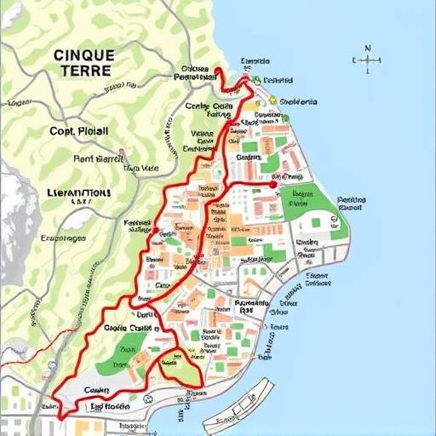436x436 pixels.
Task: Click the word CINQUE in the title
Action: point(81,54)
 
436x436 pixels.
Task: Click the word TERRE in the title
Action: point(82,71)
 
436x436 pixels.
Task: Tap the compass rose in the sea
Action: point(368,60)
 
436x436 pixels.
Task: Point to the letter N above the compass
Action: point(368,49)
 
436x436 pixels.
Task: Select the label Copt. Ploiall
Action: point(78,132)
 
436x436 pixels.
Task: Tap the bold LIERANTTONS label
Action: point(69,193)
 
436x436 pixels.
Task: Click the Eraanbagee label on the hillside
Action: point(60,238)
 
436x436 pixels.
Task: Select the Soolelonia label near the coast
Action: point(298,101)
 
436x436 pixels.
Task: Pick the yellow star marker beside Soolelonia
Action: point(273,100)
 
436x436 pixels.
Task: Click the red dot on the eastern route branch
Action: point(272,183)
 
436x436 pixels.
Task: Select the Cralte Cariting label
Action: point(131,328)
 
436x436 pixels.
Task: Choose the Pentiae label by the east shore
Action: point(351,203)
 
